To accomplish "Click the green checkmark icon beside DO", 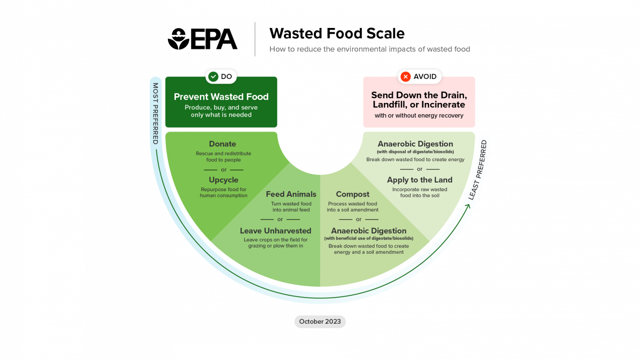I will [213, 77].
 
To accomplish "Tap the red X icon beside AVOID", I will [405, 77].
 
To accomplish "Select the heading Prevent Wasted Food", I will [221, 97].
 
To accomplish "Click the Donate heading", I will [222, 144].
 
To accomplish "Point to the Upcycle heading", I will [224, 180].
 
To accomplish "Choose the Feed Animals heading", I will [291, 194].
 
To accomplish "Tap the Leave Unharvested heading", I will [275, 231].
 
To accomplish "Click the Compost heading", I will [352, 194].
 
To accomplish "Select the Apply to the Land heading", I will [420, 180].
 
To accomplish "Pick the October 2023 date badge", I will [320, 322].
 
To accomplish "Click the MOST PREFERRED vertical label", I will [155, 113].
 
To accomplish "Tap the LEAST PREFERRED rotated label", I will [478, 170].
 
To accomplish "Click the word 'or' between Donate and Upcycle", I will [224, 170].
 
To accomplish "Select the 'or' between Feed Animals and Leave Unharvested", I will [280, 220].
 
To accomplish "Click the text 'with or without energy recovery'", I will [419, 115].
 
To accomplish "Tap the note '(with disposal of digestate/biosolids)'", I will [415, 152].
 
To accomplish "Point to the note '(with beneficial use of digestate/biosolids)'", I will [369, 238].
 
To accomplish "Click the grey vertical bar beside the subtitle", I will [255, 39].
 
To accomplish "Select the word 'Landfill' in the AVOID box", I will [390, 105].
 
